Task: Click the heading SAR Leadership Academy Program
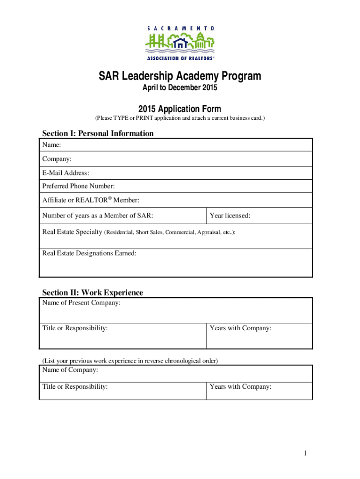coord(180,76)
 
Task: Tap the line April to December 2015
coord(180,88)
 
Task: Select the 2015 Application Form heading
coord(180,109)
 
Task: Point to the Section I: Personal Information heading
coord(98,133)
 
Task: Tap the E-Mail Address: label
coord(66,173)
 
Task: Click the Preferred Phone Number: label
coord(79,186)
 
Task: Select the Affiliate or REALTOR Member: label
coord(91,200)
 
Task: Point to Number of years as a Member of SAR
coord(98,216)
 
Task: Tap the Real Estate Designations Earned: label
coord(89,253)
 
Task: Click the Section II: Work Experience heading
coord(93,292)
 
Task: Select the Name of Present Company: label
coord(81,303)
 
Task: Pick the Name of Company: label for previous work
coord(70,370)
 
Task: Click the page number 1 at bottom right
coord(304,453)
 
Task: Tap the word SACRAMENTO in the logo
coord(180,28)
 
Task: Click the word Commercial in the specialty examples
coord(180,232)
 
